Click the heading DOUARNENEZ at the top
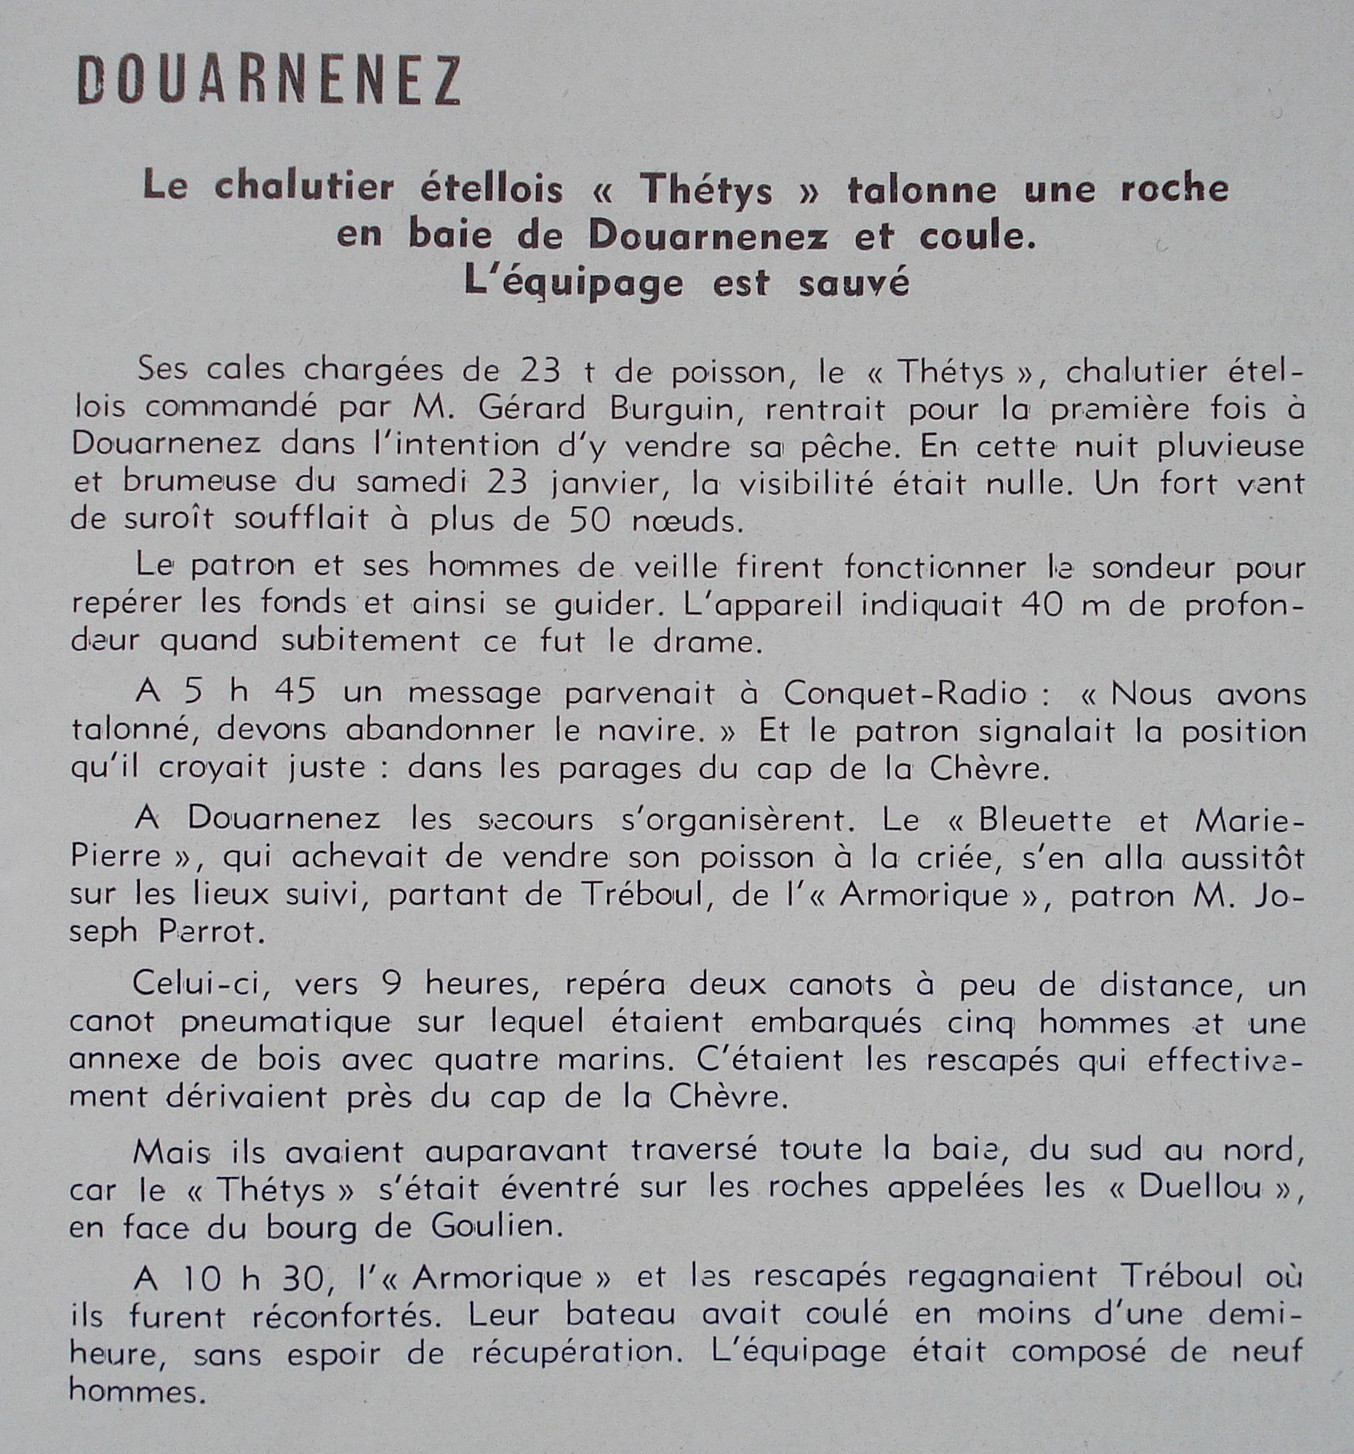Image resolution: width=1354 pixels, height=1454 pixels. coord(269,79)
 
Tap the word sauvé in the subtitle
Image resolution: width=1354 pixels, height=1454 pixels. coord(853,282)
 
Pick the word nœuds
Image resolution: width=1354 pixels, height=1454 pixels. coord(688,521)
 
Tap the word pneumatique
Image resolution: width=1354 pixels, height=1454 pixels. coord(285,1022)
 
